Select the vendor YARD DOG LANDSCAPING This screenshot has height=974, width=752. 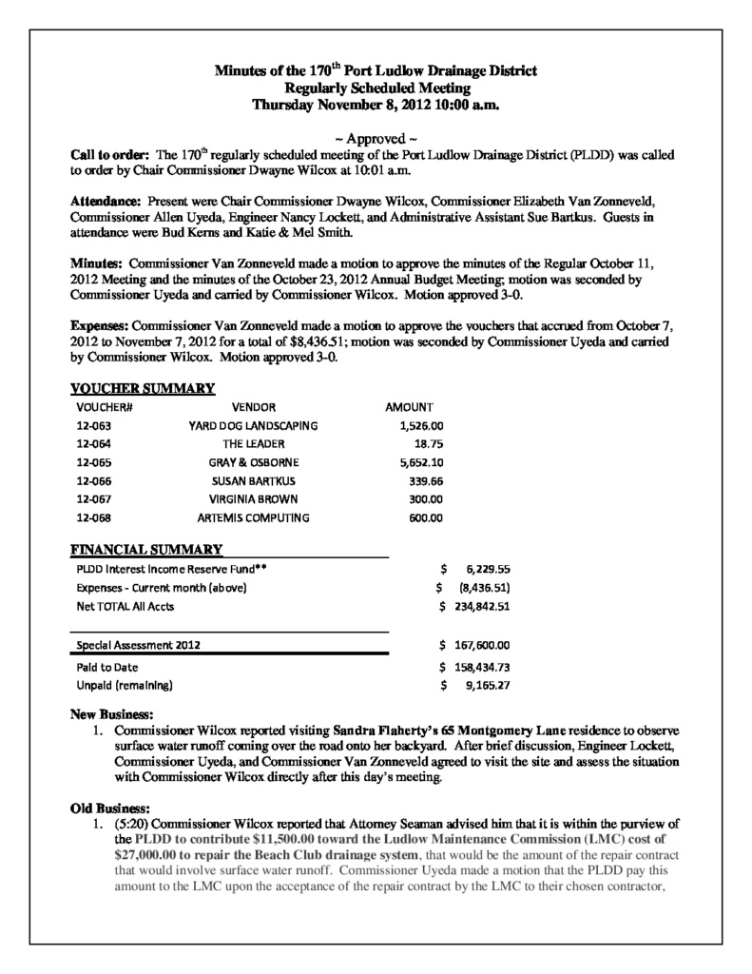[254, 425]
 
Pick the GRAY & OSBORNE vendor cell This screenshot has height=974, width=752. [254, 462]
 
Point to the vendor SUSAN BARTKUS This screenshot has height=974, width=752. [254, 481]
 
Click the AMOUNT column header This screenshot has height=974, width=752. [410, 407]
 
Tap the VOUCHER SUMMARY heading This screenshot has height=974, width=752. [144, 388]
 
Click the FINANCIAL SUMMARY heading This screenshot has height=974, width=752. [147, 550]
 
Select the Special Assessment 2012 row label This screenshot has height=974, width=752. [139, 645]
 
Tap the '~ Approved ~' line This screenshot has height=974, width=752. [376, 139]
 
